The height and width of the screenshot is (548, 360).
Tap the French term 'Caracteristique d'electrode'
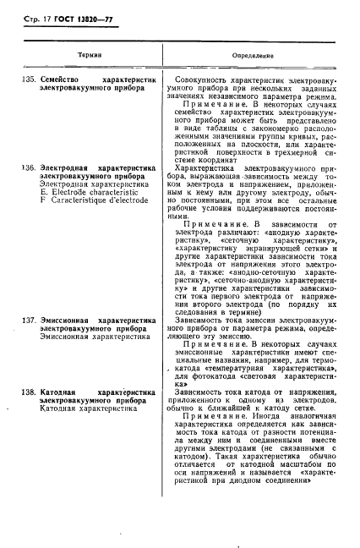tap(93, 200)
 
